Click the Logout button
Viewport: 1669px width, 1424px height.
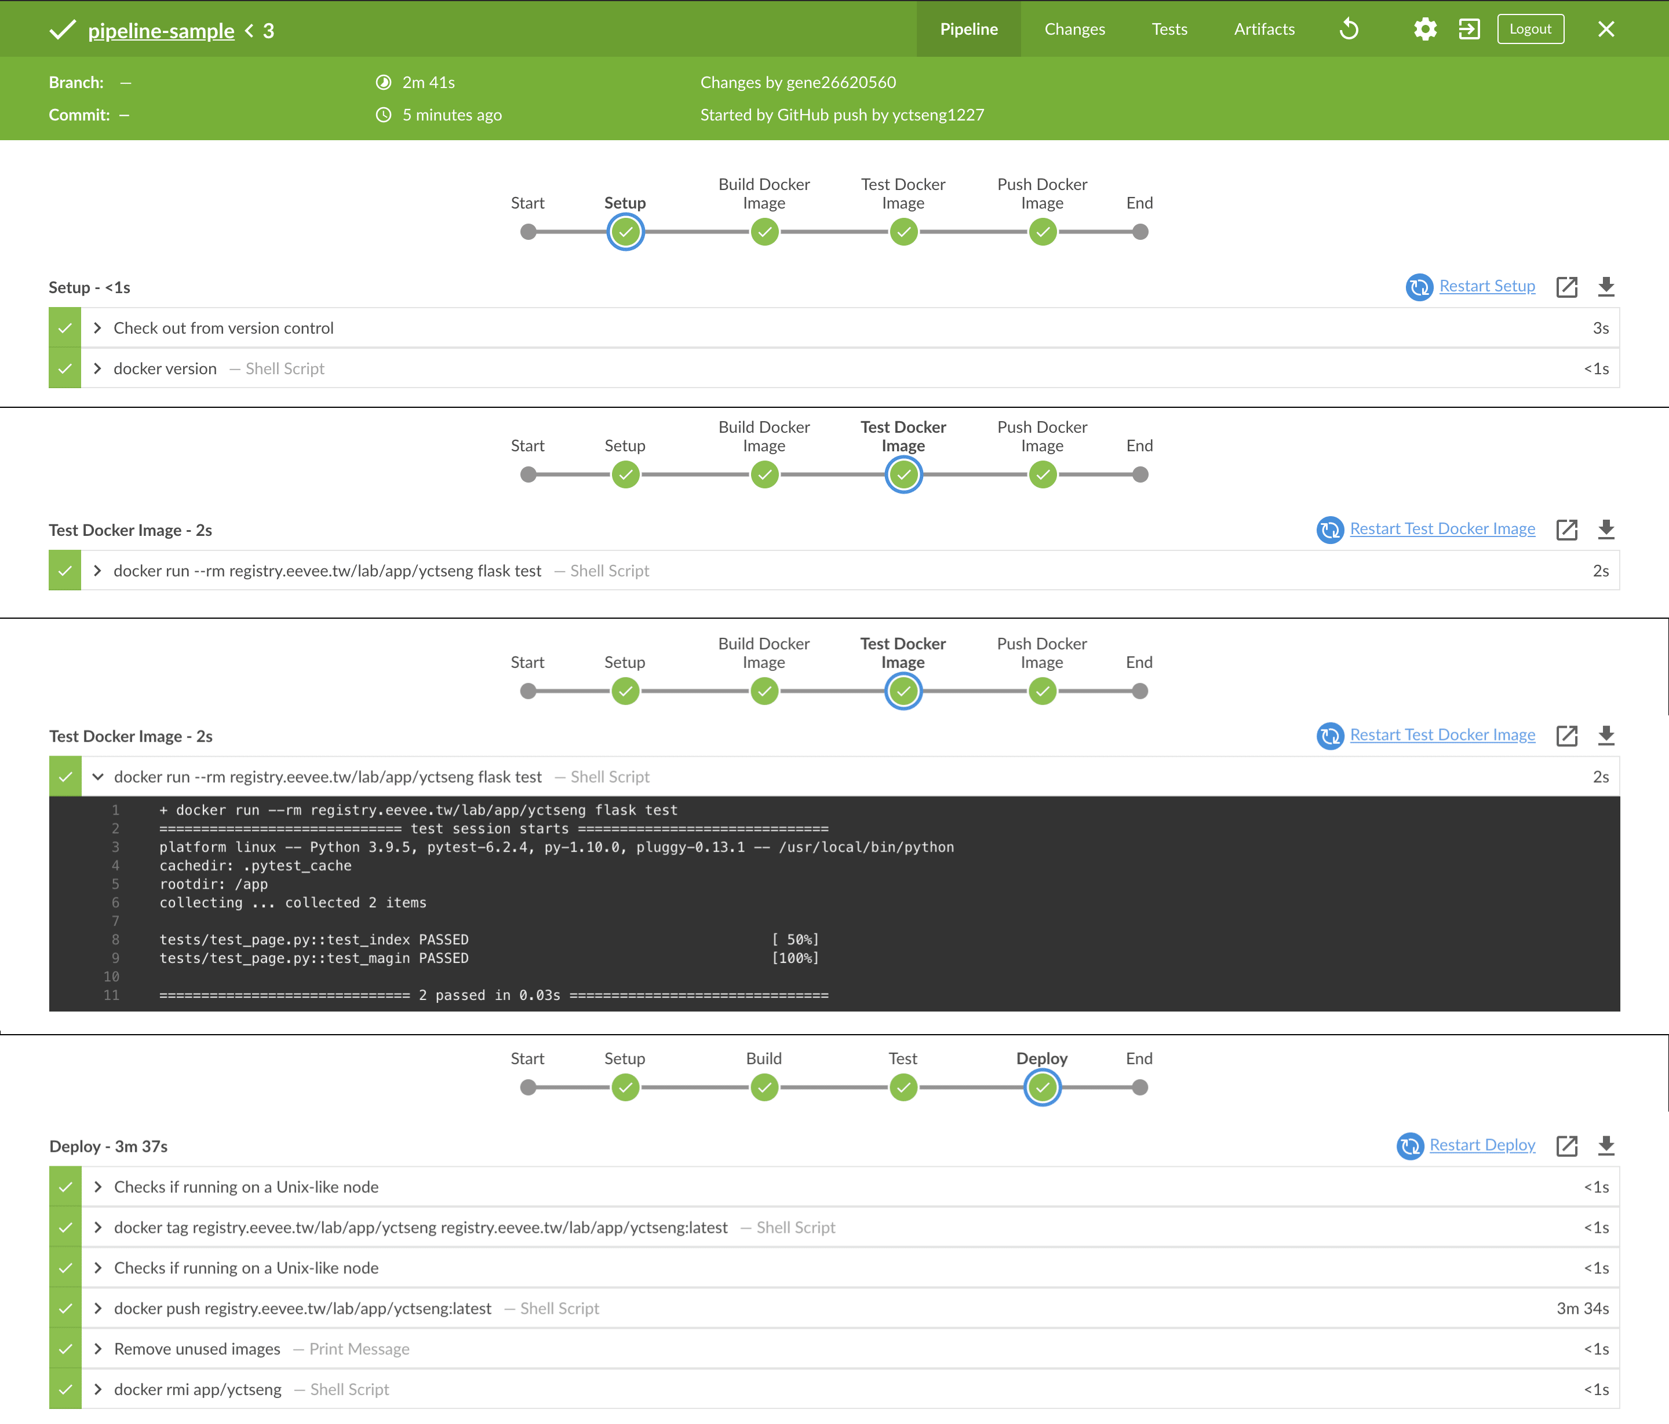[x=1530, y=29]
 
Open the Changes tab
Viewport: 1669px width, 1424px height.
[x=1074, y=29]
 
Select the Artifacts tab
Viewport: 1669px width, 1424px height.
[x=1264, y=29]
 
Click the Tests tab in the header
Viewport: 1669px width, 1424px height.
[x=1169, y=29]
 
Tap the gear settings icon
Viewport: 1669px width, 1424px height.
[x=1425, y=29]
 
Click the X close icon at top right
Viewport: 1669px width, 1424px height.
[x=1605, y=29]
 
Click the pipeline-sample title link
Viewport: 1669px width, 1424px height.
[x=161, y=31]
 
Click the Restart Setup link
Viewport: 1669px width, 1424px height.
[x=1486, y=286]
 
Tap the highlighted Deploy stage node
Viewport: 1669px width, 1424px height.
[x=1043, y=1087]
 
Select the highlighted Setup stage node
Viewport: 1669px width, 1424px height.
[x=625, y=232]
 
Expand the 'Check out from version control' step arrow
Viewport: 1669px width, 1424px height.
[x=97, y=328]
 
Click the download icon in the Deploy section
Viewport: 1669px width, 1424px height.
[x=1605, y=1145]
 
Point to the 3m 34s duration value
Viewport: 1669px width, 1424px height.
[x=1582, y=1308]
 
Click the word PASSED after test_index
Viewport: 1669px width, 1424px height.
[x=443, y=939]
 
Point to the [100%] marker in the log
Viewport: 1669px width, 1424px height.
[x=795, y=958]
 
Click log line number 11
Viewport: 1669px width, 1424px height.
[x=111, y=995]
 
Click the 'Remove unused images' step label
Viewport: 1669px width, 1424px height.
[x=198, y=1348]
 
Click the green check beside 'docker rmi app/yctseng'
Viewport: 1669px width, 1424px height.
[x=65, y=1389]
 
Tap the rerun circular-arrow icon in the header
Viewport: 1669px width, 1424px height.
[x=1349, y=29]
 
